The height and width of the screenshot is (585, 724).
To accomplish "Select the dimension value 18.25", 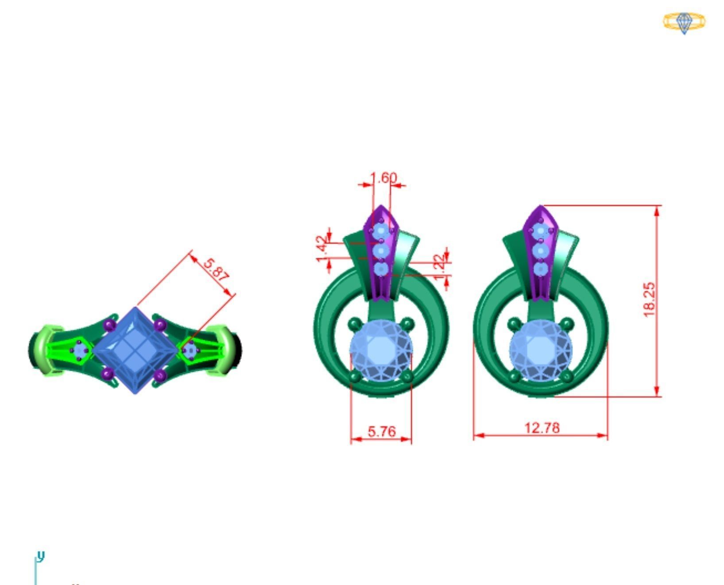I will click(x=649, y=300).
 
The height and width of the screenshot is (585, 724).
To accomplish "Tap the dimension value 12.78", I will click(x=542, y=428).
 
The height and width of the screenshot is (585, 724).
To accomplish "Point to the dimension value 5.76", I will click(x=382, y=431).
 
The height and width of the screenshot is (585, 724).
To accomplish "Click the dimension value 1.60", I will click(x=383, y=178).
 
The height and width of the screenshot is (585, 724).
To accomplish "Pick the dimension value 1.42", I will click(x=323, y=249).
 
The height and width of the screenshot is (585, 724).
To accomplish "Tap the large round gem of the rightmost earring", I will click(x=541, y=350).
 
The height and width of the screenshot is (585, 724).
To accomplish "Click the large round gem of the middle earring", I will click(x=381, y=350).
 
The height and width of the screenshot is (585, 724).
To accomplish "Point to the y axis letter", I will click(x=41, y=556).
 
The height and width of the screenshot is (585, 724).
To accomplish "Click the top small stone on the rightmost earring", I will click(x=539, y=231).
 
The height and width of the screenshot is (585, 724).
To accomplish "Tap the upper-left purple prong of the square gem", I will click(x=109, y=325).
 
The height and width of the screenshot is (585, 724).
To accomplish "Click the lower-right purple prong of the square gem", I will click(x=160, y=376).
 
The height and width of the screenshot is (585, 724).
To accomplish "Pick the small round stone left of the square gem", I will click(x=80, y=350).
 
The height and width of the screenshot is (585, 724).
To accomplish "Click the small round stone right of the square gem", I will click(x=190, y=350).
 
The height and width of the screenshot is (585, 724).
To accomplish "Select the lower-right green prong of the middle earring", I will click(x=407, y=377).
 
